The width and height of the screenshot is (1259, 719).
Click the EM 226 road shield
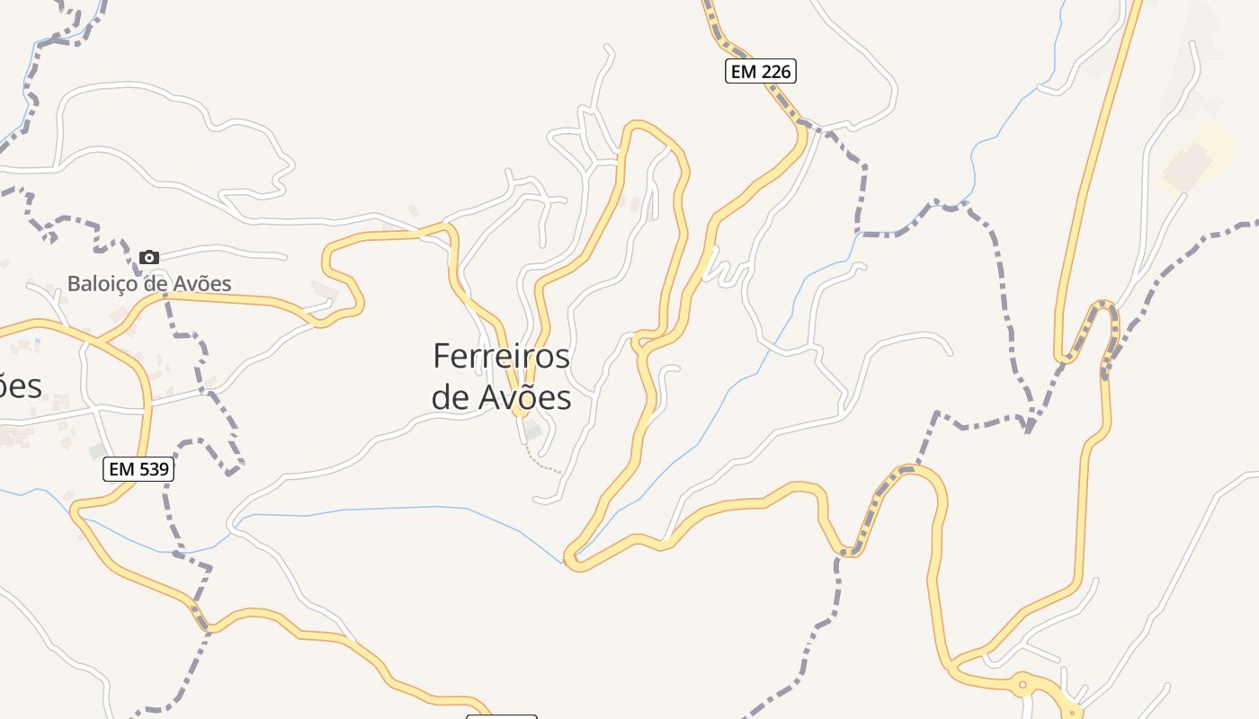tap(761, 71)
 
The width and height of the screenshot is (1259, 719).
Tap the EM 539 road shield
tap(138, 468)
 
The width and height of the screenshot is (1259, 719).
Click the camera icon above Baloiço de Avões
tap(149, 258)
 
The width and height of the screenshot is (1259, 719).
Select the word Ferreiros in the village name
tap(501, 356)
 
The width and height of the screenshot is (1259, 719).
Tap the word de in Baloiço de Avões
tap(157, 284)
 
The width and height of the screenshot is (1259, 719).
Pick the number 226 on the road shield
tap(775, 71)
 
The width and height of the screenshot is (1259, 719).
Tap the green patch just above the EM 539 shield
tap(96, 449)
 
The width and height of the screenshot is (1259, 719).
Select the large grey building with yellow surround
tap(1188, 164)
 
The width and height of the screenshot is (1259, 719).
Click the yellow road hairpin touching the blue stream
tap(574, 560)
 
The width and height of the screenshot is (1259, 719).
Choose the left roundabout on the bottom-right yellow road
tap(1022, 685)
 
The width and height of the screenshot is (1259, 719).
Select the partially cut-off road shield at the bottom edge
tap(501, 716)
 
